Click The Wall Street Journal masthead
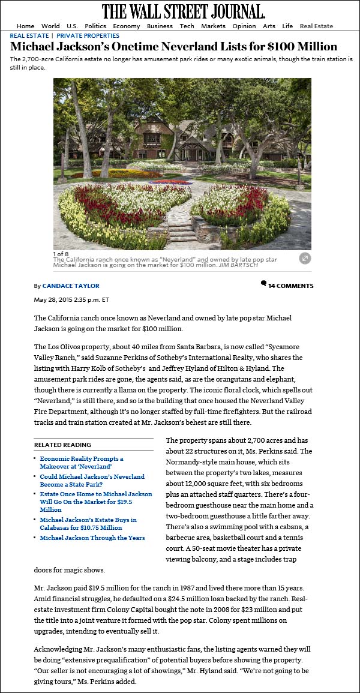click(x=183, y=11)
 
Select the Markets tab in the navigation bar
click(x=213, y=26)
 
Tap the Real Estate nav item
click(x=316, y=26)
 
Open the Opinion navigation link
click(x=244, y=26)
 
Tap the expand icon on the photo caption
click(x=305, y=258)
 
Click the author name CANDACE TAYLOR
click(x=70, y=286)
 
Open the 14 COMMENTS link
click(x=290, y=286)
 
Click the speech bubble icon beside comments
click(x=263, y=283)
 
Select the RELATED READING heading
click(x=62, y=445)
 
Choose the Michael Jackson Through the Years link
click(x=92, y=538)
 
